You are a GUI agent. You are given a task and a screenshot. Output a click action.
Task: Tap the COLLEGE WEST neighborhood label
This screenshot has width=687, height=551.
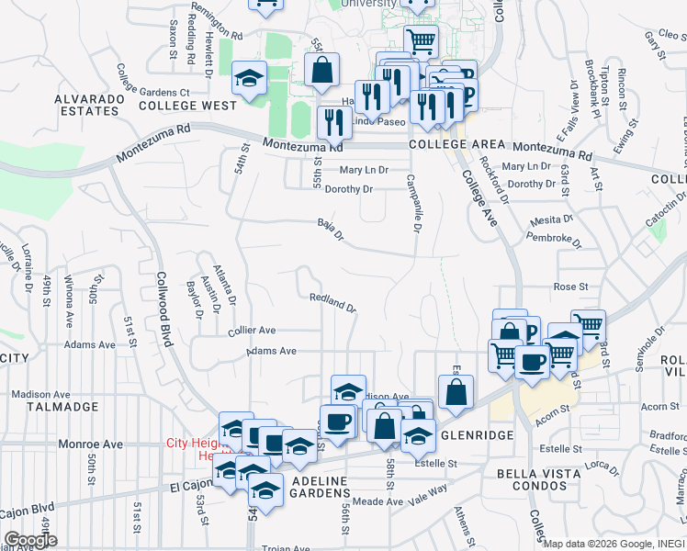tap(187, 106)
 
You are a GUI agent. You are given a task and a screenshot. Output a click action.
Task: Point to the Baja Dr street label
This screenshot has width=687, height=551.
tap(330, 230)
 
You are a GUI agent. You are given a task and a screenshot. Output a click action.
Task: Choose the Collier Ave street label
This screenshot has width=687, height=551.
tap(252, 330)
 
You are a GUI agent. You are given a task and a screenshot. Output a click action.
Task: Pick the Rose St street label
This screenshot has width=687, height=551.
tap(570, 287)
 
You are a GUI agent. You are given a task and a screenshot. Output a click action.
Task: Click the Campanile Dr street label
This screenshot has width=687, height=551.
tap(413, 205)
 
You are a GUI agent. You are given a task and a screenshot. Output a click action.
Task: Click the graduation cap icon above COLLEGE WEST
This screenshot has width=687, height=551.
tap(248, 79)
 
